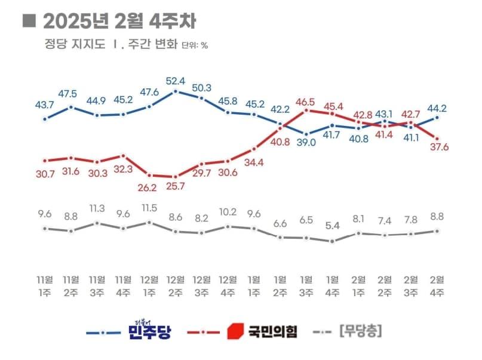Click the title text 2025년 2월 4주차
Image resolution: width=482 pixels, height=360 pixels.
tap(119, 21)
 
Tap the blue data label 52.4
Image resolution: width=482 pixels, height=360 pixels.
tap(176, 80)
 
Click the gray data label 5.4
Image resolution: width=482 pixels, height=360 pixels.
tap(332, 227)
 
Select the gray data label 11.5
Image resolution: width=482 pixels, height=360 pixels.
tap(149, 208)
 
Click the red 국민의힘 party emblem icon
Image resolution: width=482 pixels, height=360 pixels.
tap(237, 330)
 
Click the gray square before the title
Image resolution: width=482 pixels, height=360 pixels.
tap(27, 21)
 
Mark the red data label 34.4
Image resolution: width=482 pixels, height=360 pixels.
tap(254, 162)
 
